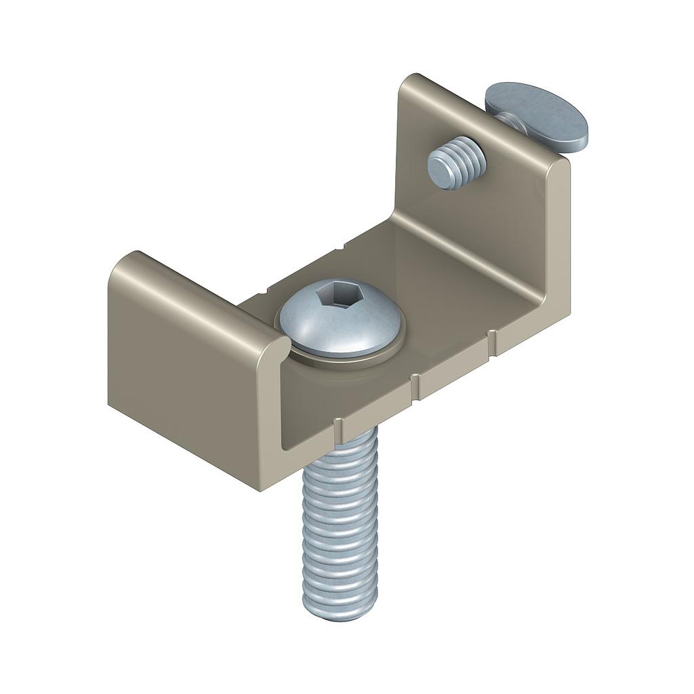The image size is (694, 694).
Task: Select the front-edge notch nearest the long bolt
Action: (337, 426)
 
